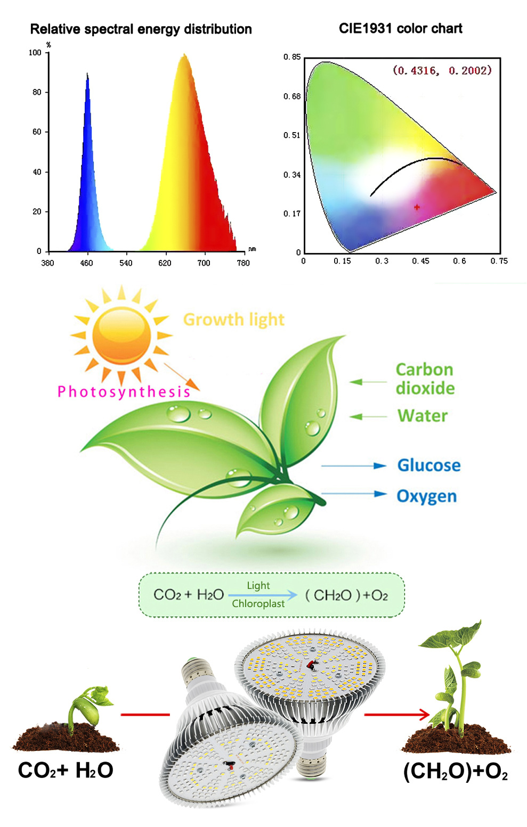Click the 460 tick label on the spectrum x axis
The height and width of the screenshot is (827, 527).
coord(86,263)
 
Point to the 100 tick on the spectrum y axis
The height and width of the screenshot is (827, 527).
coord(35,53)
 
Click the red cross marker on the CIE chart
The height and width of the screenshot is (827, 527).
coord(417,207)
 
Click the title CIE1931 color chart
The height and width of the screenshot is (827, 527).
coord(400,29)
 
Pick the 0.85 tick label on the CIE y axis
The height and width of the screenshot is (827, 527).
coord(292,57)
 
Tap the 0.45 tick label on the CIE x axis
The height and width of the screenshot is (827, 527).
coord(420,261)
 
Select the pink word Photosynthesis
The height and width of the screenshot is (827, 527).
coord(124,392)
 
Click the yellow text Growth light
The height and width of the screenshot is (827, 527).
coord(233,320)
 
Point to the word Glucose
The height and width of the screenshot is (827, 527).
coord(429,465)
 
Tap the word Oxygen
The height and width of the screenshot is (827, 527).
coord(427,496)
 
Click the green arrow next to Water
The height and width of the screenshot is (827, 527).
coord(368,416)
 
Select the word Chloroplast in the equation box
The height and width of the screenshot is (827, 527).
coord(258,604)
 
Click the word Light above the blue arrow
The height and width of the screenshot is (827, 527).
coord(258,586)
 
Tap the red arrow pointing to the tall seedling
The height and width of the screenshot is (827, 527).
coord(397,714)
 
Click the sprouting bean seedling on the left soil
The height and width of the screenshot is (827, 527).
coord(88,708)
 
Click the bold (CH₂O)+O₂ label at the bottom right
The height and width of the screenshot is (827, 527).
coord(456,772)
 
